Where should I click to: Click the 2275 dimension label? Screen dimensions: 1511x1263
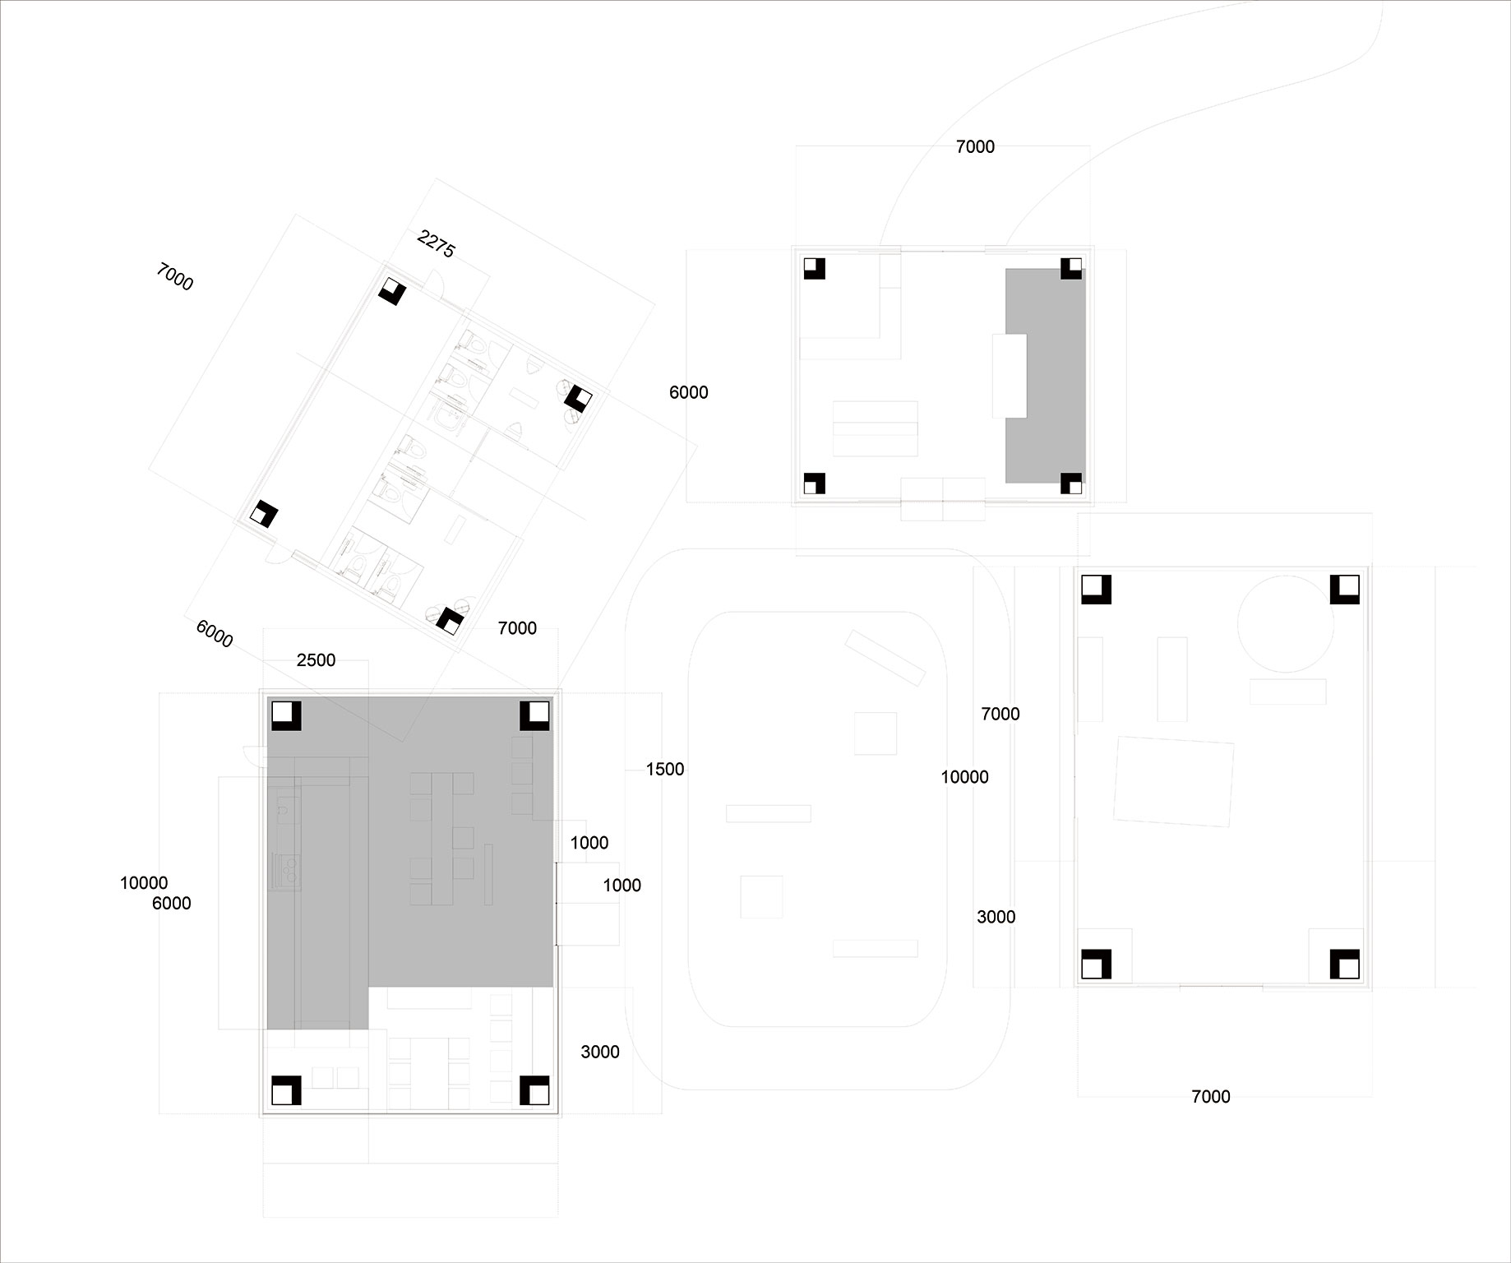click(436, 244)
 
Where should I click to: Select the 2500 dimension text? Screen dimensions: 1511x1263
click(316, 660)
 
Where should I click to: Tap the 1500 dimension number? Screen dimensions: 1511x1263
click(664, 770)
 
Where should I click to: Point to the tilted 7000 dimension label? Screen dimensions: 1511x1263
click(174, 277)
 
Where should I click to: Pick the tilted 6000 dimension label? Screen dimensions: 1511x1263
click(215, 633)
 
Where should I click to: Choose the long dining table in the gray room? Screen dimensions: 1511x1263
click(441, 838)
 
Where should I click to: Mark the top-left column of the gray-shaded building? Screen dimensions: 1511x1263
click(286, 715)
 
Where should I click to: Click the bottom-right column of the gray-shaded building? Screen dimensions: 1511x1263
click(534, 1090)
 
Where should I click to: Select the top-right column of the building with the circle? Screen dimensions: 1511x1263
click(1345, 590)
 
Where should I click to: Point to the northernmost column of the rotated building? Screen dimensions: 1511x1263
click(392, 290)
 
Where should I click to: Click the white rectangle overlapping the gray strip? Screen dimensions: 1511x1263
click(1010, 376)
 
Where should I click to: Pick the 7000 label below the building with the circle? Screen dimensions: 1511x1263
click(1210, 1096)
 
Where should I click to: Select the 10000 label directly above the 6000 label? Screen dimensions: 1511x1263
click(144, 883)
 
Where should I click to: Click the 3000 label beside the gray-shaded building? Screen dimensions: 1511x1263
click(600, 1052)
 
